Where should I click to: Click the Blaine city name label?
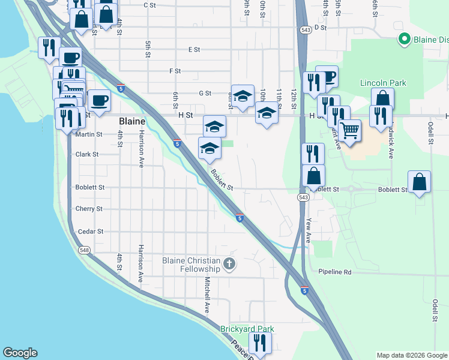point(132,121)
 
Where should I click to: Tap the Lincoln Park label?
point(383,83)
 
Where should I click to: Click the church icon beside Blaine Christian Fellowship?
point(229,264)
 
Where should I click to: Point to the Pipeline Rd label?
point(334,272)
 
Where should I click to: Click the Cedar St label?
point(91,231)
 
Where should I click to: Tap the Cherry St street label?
point(89,209)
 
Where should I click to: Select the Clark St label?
point(87,154)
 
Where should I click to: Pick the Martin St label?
point(89,134)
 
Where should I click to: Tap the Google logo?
point(20,353)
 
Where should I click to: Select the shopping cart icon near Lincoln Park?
point(349,129)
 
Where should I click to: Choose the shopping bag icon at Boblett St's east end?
point(419,182)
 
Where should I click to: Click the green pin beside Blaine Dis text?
point(405,40)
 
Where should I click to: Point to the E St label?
point(194,50)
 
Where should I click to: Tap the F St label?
point(175,71)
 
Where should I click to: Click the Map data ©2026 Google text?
point(411,355)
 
